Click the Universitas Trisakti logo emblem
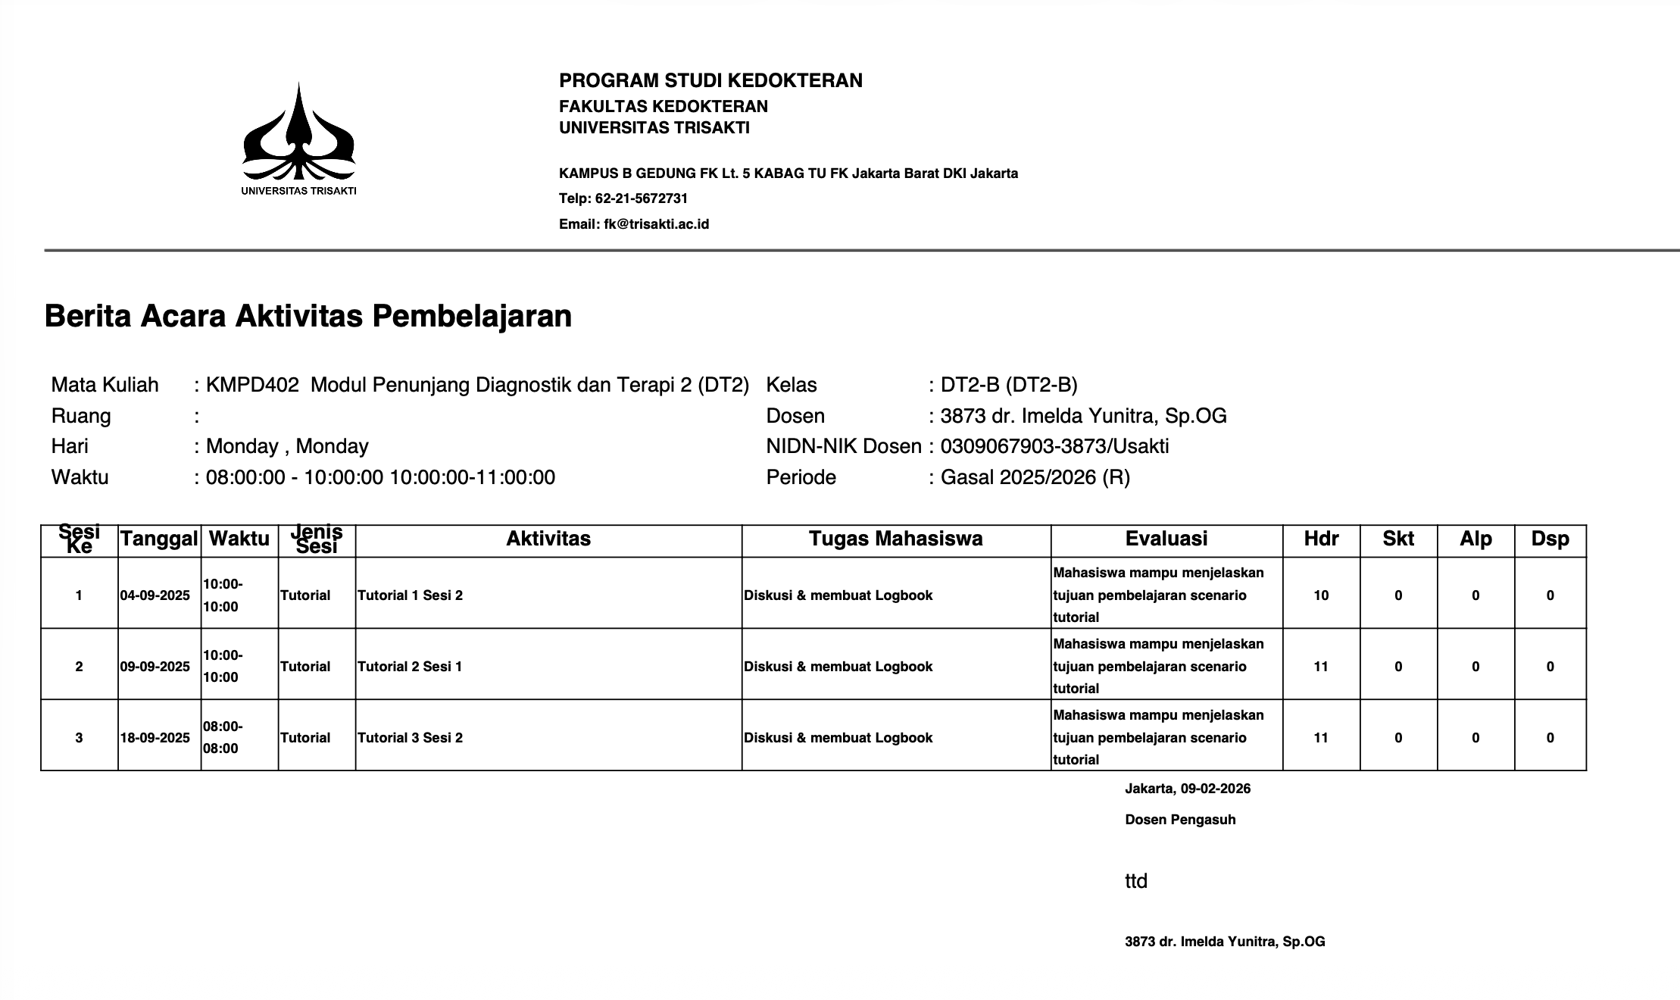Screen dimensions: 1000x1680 pos(298,133)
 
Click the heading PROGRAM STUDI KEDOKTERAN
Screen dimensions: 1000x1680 pos(710,81)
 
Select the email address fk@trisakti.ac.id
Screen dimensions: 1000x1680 pos(656,224)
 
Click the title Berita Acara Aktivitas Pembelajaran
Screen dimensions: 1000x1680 pos(308,316)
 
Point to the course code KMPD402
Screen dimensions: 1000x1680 pos(252,386)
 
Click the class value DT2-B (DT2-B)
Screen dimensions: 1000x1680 pos(1008,386)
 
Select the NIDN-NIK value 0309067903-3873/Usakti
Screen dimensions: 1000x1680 pos(1054,446)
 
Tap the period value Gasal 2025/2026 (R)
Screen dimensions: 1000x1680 pos(1035,477)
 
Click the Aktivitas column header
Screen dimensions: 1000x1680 pos(548,539)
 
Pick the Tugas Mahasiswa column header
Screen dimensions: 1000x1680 pos(895,539)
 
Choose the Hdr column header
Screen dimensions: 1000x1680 pos(1321,539)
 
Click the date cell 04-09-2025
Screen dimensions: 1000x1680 pos(155,595)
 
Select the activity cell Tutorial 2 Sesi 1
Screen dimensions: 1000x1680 pos(410,667)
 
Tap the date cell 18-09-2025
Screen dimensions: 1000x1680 pos(155,738)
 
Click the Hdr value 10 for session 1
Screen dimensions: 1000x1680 pos(1321,595)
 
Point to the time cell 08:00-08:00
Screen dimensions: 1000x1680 pos(223,737)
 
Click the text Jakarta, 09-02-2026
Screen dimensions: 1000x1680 pos(1188,789)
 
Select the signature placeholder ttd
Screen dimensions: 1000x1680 pos(1136,881)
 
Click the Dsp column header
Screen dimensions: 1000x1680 pos(1550,539)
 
